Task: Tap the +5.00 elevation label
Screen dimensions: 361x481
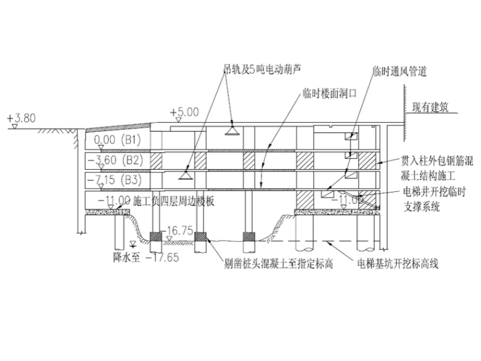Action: tap(184, 112)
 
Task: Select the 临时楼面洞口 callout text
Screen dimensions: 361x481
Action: tap(330, 92)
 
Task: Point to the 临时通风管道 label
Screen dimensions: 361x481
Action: tap(399, 72)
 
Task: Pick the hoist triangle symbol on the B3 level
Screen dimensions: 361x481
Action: tap(185, 173)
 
